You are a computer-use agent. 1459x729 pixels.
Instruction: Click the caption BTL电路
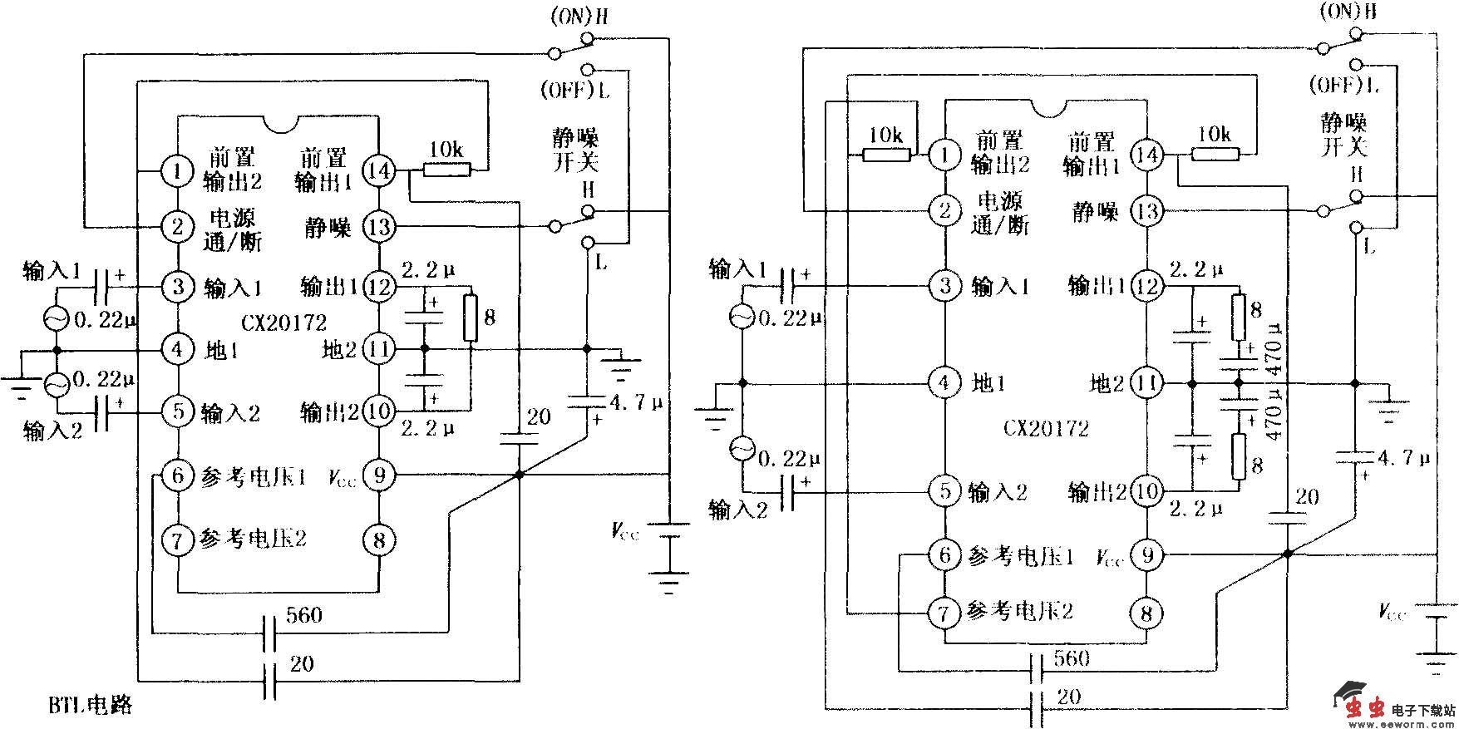pos(90,706)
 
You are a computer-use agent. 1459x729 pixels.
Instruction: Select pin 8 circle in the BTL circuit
pos(379,540)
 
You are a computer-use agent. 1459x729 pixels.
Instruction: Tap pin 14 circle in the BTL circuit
pos(379,170)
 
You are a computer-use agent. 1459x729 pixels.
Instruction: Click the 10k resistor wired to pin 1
pos(886,155)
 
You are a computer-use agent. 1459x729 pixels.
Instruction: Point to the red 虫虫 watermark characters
pos(1365,708)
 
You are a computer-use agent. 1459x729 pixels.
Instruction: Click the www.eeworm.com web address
pos(1413,724)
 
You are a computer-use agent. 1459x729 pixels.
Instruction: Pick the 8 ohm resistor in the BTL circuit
pos(471,318)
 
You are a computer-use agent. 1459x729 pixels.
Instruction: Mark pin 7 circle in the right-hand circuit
pos(944,613)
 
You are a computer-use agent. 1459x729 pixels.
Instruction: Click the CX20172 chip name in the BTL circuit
pos(284,323)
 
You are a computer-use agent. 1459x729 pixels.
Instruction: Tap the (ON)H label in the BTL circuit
pos(579,17)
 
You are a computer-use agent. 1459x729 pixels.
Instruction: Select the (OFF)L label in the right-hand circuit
pos(1343,85)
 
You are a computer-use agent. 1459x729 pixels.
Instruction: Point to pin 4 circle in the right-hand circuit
pos(944,383)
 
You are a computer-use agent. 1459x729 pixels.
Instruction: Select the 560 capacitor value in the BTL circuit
pos(303,615)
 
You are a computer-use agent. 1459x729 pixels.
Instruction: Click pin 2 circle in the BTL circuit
pos(177,226)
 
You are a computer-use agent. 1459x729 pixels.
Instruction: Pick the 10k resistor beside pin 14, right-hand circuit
pos(1215,154)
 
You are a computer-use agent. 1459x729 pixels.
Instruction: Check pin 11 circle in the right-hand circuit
pos(1147,383)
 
